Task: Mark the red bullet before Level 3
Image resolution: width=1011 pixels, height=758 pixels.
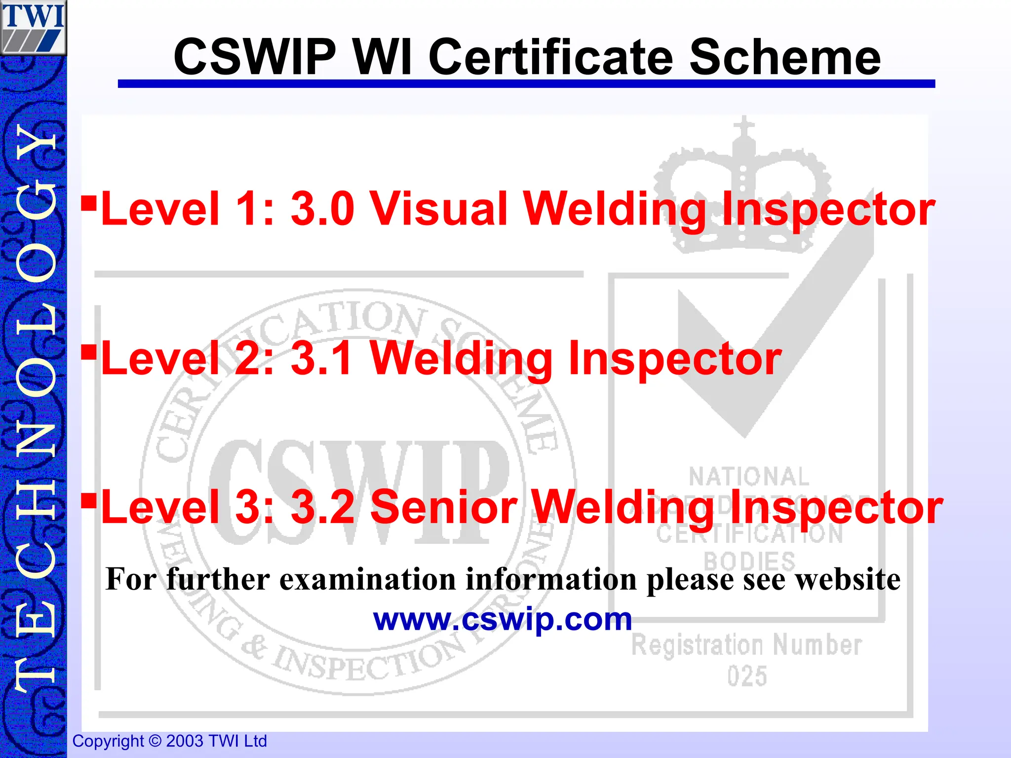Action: (x=89, y=501)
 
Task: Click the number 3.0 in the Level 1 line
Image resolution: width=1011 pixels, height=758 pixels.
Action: (x=322, y=209)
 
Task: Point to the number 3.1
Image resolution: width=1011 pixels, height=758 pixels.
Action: (x=321, y=358)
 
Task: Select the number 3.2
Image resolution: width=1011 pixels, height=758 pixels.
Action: (x=322, y=507)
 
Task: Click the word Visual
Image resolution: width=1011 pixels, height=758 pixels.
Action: (x=439, y=209)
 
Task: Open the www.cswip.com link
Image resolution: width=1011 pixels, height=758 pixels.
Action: (x=502, y=619)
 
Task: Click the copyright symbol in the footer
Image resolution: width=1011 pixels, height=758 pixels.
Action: (x=155, y=741)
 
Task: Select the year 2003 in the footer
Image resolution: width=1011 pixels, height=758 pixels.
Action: (x=185, y=741)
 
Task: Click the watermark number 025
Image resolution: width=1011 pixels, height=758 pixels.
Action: (x=747, y=676)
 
